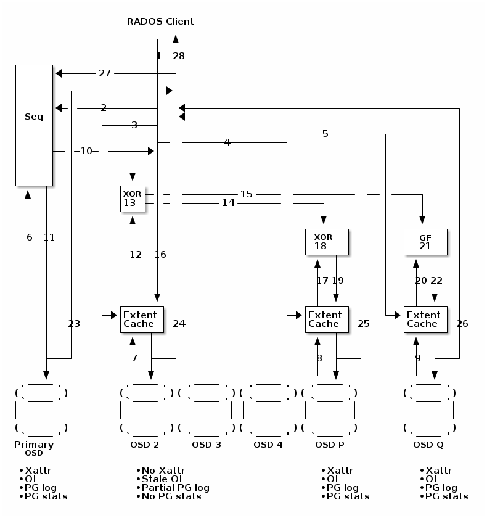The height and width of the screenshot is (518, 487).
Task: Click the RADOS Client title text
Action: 160,22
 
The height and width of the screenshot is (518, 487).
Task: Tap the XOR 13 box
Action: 133,198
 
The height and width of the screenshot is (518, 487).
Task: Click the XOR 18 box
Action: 327,242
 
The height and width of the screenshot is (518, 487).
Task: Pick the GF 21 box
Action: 425,242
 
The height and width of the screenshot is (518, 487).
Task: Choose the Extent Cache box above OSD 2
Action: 142,319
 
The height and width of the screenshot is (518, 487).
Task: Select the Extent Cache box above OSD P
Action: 327,319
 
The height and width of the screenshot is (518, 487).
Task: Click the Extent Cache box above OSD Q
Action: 425,319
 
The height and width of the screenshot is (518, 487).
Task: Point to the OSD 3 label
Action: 206,445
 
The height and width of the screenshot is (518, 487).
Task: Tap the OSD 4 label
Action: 268,445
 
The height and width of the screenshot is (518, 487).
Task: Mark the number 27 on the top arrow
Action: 105,73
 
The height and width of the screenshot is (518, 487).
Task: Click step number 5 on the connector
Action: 325,134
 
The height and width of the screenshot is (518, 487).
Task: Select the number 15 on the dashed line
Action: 247,194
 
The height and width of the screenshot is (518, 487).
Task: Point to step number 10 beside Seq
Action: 86,151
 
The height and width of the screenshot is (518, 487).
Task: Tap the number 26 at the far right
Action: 462,324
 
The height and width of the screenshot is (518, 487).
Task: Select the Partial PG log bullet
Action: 175,488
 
